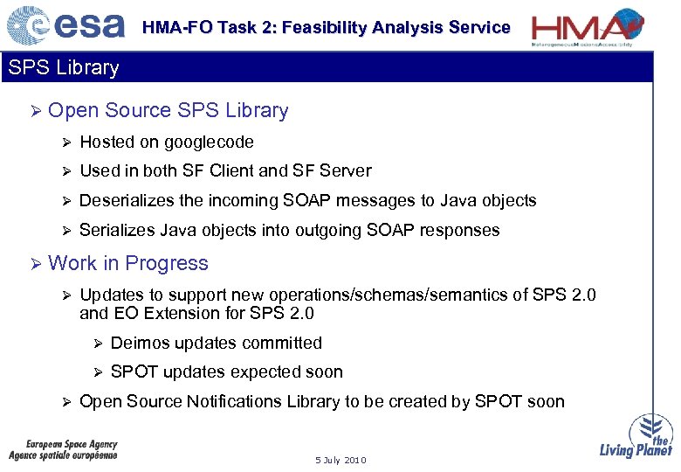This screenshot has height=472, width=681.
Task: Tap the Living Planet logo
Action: (636, 436)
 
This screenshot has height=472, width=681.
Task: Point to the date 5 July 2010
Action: (341, 460)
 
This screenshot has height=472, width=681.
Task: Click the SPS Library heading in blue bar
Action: (63, 67)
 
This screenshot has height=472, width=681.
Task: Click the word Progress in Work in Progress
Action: (167, 263)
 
